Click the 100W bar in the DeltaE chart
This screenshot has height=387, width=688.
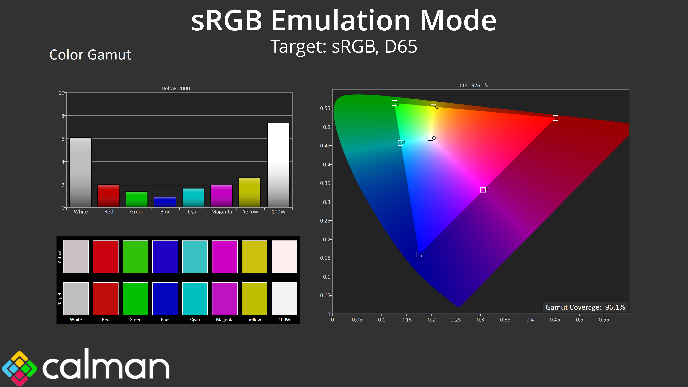(278, 165)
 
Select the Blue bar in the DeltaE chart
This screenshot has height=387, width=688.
(165, 202)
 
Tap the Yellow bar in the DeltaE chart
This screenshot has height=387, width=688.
(250, 193)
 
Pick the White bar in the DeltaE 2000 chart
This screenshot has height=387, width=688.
(80, 173)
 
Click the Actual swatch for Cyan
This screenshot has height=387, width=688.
(195, 257)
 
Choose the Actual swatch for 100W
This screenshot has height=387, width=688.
(284, 257)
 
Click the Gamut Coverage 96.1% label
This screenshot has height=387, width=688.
(585, 307)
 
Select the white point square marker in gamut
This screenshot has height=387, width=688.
(430, 138)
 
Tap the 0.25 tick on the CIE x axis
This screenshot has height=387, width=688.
(456, 320)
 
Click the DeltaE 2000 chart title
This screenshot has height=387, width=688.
(175, 88)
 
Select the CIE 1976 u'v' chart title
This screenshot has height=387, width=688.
(474, 85)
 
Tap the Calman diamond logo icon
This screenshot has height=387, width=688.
(20, 368)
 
